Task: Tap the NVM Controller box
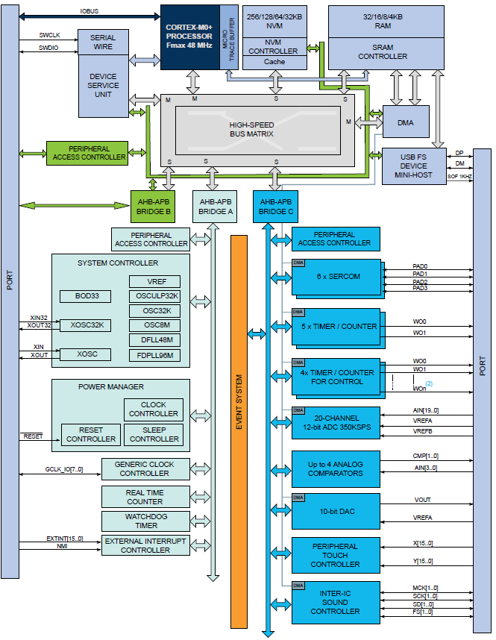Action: point(274,47)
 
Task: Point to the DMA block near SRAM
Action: point(404,122)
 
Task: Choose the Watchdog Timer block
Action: point(146,521)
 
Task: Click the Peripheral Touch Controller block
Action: point(336,555)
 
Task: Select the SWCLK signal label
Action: point(51,36)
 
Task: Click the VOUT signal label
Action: point(421,500)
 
